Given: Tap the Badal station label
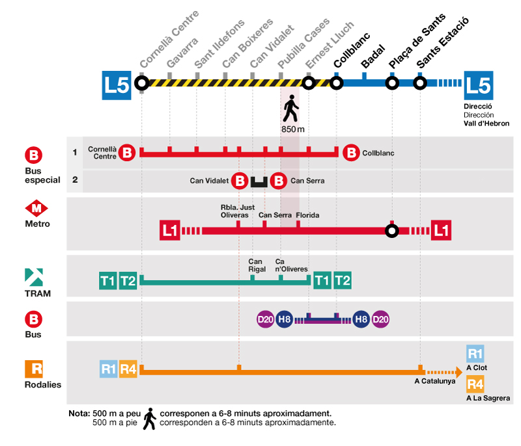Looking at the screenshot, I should [373, 55].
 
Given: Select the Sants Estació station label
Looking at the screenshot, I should [443, 43].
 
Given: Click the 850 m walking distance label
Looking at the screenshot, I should [293, 129].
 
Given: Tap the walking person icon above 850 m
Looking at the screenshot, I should [290, 109].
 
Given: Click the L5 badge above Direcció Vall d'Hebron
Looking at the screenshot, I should [478, 85].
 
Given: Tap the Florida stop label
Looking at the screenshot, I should [307, 215].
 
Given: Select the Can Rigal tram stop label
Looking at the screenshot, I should [256, 265].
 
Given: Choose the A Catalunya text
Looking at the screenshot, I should [434, 381].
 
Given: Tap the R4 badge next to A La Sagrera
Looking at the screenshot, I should [475, 384].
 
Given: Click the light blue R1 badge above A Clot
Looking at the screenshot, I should [475, 354].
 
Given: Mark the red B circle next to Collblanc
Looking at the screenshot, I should [351, 153].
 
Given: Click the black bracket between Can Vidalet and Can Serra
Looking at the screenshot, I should [259, 181].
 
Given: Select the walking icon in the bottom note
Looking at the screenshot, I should [150, 418].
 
